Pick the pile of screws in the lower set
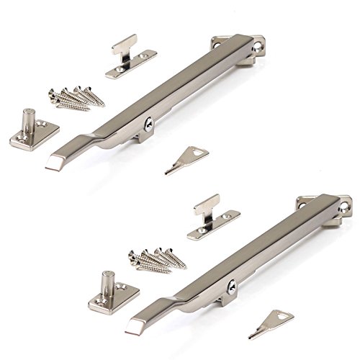point(155,258)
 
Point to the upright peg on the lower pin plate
point(108,279)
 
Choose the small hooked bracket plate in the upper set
point(131,62)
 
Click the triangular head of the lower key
point(271,318)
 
